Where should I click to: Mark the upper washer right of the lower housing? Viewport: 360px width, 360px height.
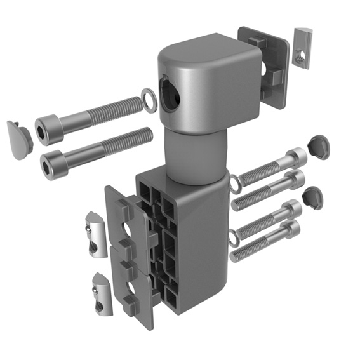234,185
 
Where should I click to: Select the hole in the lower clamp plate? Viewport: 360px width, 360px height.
133,289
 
